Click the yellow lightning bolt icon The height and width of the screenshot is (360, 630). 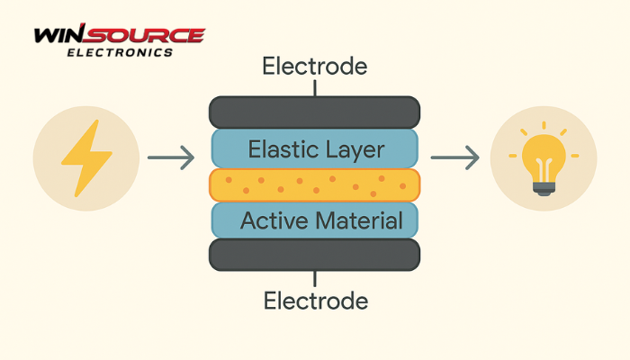(86, 157)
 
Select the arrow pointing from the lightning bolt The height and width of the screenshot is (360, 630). (171, 157)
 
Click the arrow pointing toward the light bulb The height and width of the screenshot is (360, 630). (454, 157)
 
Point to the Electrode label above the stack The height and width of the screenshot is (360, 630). (315, 67)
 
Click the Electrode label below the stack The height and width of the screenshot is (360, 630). (316, 301)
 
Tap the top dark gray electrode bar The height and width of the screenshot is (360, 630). (315, 112)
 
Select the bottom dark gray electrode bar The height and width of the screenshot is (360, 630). (315, 255)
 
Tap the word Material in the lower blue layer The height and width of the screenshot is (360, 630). (359, 220)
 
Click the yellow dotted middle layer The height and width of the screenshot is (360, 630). (315, 184)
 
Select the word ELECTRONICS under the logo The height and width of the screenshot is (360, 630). (120, 52)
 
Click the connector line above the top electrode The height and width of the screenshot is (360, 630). (315, 88)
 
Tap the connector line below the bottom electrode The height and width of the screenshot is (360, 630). (315, 279)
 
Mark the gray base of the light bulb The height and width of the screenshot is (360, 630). (544, 189)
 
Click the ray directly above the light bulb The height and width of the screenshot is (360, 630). (544, 125)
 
